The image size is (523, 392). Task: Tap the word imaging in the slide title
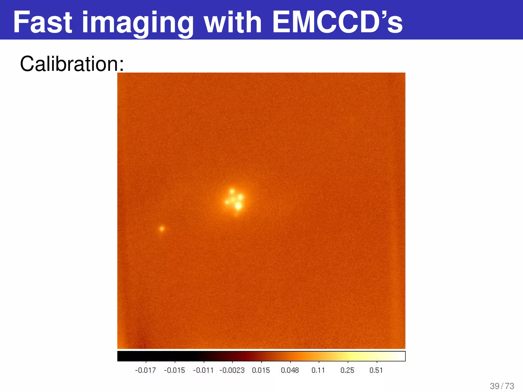(138, 23)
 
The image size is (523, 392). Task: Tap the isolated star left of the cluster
(162, 228)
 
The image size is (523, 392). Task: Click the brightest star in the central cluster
(238, 206)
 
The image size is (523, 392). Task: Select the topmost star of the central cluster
(232, 191)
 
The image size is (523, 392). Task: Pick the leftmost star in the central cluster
(227, 202)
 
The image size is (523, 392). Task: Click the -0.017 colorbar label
(145, 370)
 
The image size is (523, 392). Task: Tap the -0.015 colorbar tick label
(174, 370)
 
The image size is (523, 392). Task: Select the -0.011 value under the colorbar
(203, 370)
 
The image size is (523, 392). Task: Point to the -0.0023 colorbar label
(232, 370)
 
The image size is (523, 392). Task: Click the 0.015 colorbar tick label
(261, 370)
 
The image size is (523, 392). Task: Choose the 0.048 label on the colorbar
(290, 370)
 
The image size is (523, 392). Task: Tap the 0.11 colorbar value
(318, 370)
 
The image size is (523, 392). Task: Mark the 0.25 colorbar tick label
(347, 370)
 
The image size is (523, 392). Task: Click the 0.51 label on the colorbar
(376, 370)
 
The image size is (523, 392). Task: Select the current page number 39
(495, 386)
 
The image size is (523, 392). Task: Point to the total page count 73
(509, 386)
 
